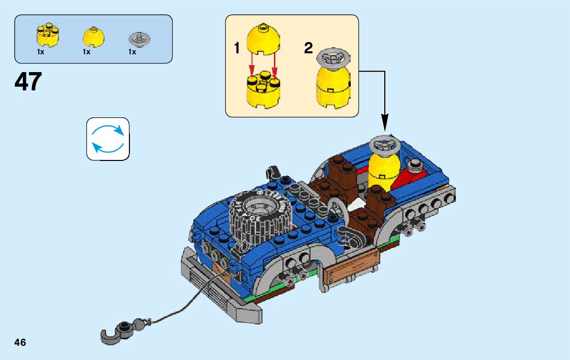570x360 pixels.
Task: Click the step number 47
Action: click(x=28, y=82)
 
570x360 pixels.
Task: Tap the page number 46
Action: click(x=20, y=342)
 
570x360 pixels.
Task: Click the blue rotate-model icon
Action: click(x=108, y=139)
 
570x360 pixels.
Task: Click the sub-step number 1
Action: click(x=237, y=49)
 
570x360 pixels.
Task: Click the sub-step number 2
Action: click(x=308, y=49)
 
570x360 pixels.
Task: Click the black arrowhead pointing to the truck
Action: click(x=384, y=122)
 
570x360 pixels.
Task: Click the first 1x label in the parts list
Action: click(x=40, y=52)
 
